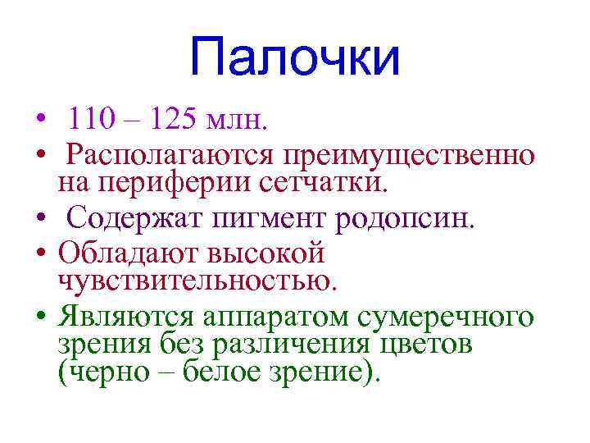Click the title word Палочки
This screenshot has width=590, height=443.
294,58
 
